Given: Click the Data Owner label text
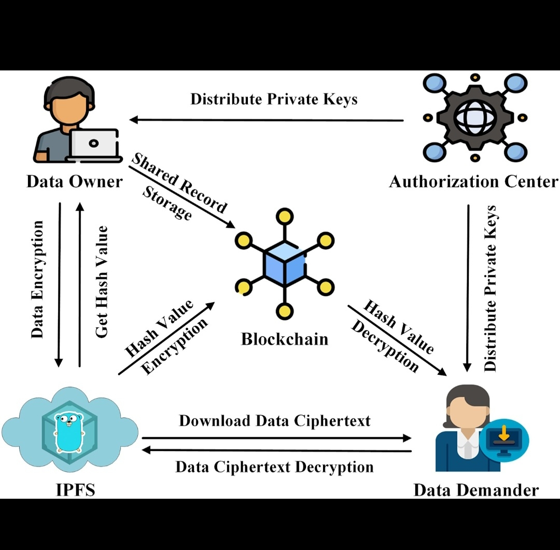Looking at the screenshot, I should [x=75, y=181].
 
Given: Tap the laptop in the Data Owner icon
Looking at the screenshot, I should [x=94, y=144].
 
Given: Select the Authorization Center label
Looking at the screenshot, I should [x=473, y=181].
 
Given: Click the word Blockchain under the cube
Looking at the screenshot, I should [x=285, y=339].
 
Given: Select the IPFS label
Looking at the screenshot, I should [x=76, y=489].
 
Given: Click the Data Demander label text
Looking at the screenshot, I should [x=475, y=489].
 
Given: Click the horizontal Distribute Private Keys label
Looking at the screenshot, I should [x=274, y=99].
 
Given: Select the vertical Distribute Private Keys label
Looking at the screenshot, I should [x=490, y=288].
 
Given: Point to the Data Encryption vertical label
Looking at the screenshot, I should [x=37, y=279].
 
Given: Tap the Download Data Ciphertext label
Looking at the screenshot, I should [x=275, y=420].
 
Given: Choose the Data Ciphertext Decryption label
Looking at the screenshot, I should [x=274, y=467].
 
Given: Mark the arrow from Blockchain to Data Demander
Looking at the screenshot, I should [x=397, y=340].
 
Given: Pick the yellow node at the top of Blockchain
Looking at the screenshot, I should [x=284, y=216].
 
